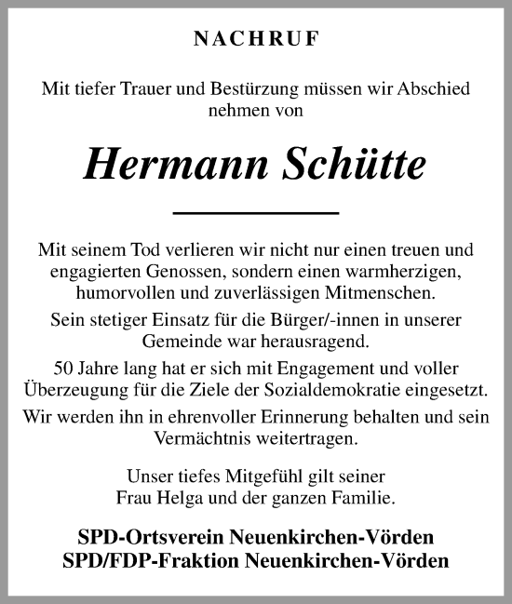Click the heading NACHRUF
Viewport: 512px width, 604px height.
pyautogui.click(x=255, y=39)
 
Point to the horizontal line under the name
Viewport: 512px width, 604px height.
pyautogui.click(x=256, y=213)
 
